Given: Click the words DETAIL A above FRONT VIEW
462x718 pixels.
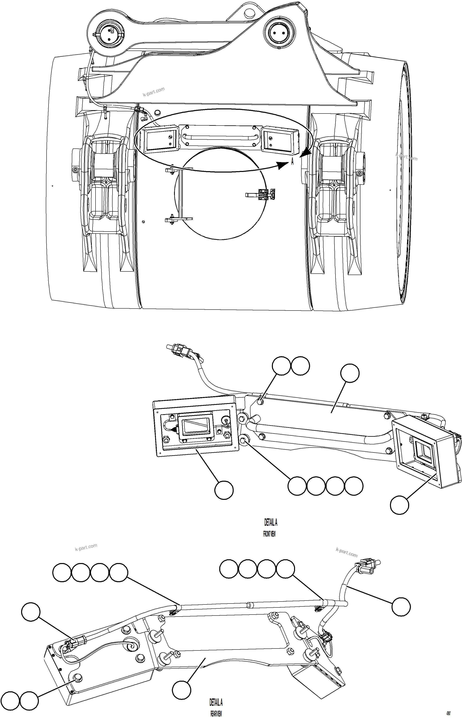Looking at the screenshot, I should point(271,522).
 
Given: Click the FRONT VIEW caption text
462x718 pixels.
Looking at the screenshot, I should point(269,534).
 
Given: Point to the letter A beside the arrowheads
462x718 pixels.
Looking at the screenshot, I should point(292,162).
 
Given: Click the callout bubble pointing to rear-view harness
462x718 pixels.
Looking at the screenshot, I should point(401,606).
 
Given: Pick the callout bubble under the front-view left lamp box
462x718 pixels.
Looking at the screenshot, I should point(224,490).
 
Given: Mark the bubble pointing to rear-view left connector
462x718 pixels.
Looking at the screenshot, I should point(31,612).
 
